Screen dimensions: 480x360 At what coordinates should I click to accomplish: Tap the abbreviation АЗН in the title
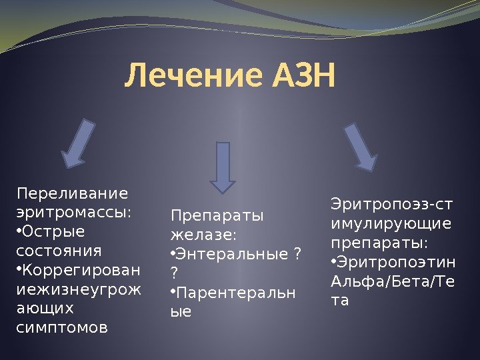(303, 77)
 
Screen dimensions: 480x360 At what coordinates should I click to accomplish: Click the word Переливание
(71, 194)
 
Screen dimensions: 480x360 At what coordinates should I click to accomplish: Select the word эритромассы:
(73, 213)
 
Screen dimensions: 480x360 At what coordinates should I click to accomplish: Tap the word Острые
(53, 232)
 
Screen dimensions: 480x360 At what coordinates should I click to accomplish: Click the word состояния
(58, 251)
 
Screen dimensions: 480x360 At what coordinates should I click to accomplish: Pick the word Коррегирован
(82, 271)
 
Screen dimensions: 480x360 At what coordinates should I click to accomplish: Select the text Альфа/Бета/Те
(393, 281)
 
